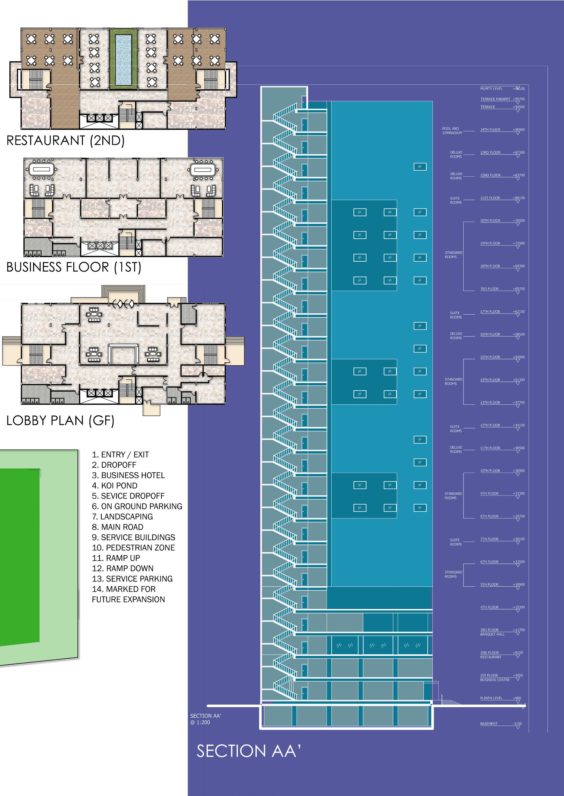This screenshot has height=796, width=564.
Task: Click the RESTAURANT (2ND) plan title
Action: point(65,141)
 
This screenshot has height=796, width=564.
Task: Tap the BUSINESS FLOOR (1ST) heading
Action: point(74,267)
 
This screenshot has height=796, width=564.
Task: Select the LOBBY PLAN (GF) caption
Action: point(60,421)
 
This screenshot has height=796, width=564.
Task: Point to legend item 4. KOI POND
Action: point(115,486)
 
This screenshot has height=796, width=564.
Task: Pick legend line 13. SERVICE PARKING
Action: point(132,578)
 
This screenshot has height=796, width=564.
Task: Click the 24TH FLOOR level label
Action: point(490,130)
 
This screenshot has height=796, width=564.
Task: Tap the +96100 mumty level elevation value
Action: point(519,89)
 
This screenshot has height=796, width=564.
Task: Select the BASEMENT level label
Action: point(489,724)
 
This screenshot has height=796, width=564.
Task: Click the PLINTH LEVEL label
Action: point(491,698)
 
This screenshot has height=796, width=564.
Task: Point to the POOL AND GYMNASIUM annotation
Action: point(452,131)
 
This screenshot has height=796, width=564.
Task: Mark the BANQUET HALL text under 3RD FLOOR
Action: point(492,634)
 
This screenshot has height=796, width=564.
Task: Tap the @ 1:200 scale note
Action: point(200,722)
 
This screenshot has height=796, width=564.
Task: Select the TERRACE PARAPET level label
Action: point(495,99)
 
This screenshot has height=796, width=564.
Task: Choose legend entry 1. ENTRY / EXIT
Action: point(120,455)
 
